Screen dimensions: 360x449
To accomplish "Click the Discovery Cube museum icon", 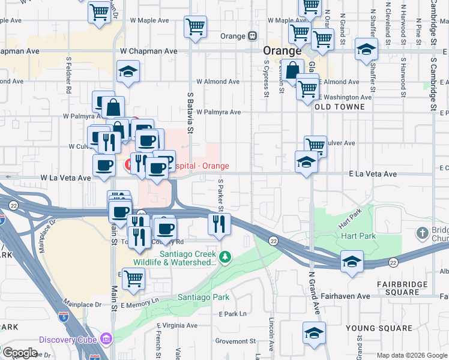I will pos(107,340).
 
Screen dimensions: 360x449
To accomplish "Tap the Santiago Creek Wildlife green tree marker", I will pos(225,257).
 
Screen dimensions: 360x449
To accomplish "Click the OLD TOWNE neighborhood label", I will pos(339,107).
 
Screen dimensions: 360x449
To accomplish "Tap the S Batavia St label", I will pos(191,112).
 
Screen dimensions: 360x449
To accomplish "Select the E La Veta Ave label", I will pos(373,174).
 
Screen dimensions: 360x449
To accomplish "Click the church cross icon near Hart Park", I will pos(423,232).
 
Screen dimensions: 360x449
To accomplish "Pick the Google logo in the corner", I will pos(20,353).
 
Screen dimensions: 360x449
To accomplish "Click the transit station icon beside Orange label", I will pos(253,36).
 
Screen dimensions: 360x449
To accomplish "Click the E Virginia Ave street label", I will pos(177,326).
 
